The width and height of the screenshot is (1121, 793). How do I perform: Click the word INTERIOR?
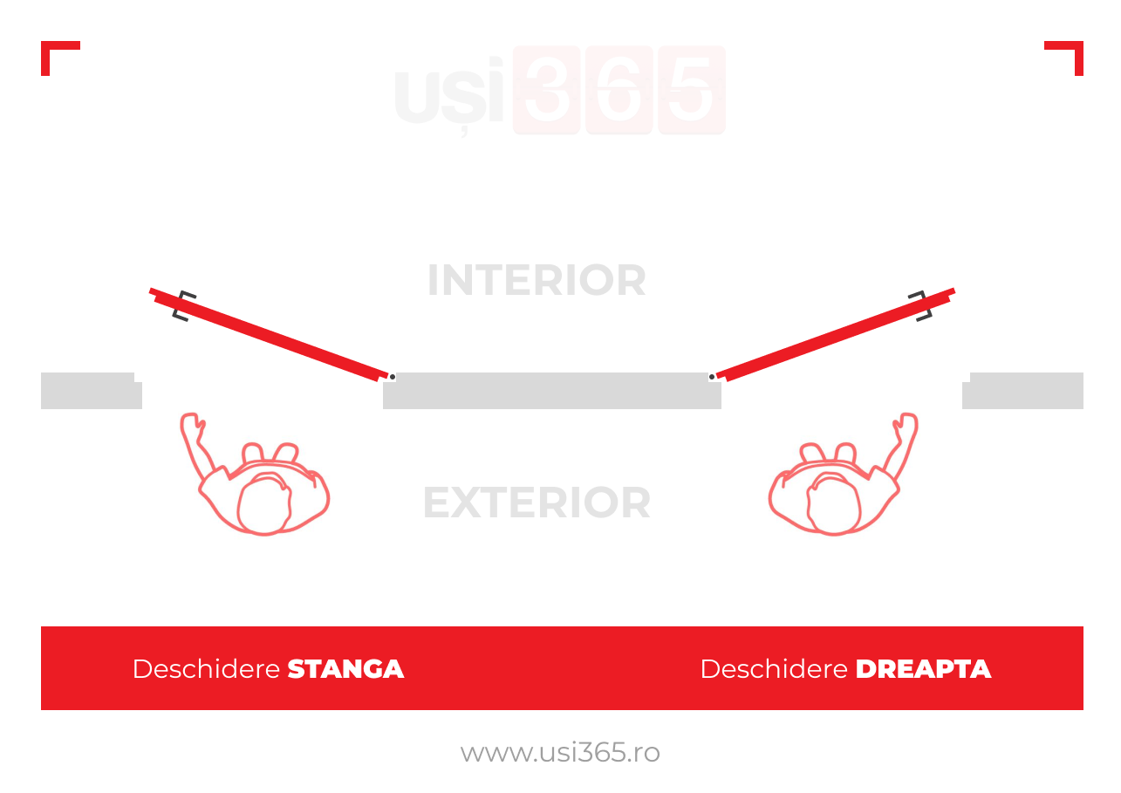point(537,280)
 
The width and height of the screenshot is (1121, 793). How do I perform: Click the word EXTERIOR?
point(537,502)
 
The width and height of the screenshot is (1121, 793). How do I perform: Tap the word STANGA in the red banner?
point(345,669)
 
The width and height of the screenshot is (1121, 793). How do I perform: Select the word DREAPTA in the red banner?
point(923,669)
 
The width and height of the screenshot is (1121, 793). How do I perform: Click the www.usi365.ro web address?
point(560,753)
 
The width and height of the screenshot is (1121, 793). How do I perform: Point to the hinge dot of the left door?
point(393,377)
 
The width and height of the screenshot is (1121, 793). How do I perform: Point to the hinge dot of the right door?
point(711,377)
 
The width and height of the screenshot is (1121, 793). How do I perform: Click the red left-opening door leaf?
point(269,334)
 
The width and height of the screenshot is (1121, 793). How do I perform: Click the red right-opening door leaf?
point(836,334)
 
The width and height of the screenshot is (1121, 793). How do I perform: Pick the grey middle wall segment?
point(552,391)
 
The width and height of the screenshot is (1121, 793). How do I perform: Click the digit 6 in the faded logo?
point(619,90)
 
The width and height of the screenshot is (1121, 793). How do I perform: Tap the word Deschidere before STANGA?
point(206,669)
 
